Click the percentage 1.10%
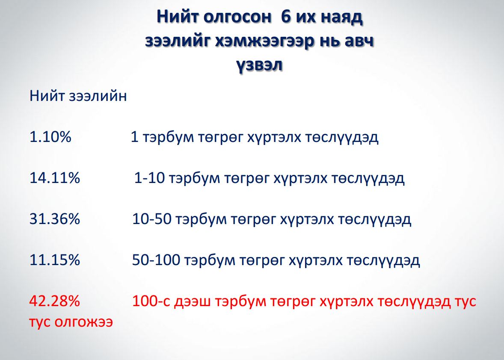(x=50, y=137)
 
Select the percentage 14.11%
(x=55, y=177)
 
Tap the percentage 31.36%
(x=55, y=219)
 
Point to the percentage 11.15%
(x=55, y=260)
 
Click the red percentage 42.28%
(x=55, y=301)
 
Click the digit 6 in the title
(x=285, y=17)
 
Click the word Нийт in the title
(x=177, y=17)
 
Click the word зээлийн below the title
(x=98, y=96)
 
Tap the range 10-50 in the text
(x=152, y=219)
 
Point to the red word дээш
(x=193, y=302)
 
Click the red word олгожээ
(x=83, y=322)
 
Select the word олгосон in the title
(x=237, y=18)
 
